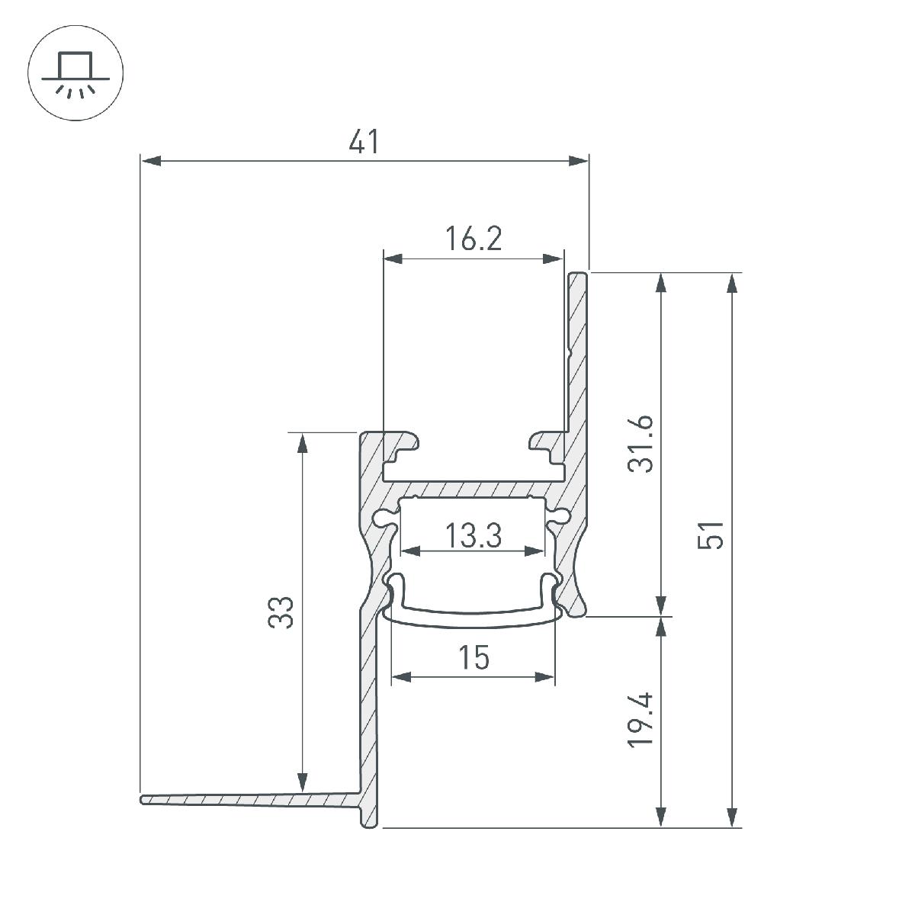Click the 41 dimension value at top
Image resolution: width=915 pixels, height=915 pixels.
point(364,142)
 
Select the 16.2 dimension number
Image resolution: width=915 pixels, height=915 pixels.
point(474,239)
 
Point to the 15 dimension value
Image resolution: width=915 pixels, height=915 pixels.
point(474,657)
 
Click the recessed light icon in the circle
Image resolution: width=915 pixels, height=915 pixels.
point(75,75)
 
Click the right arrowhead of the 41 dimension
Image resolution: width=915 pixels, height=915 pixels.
point(579,161)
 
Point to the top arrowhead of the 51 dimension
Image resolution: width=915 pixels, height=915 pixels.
point(732,282)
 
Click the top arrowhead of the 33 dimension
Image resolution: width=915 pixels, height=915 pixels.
point(303,443)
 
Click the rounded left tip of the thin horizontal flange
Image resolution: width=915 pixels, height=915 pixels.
point(143,800)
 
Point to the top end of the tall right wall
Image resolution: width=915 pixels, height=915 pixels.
point(578,273)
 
